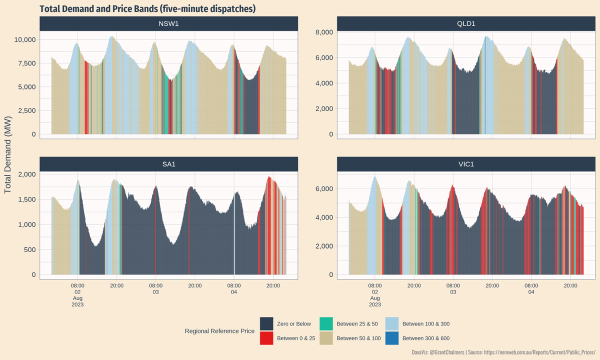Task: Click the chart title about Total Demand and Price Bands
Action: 147,8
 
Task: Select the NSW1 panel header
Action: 168,23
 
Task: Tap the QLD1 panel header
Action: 466,23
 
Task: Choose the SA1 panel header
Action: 168,163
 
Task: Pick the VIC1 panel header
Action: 466,163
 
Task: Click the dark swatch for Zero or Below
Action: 266,324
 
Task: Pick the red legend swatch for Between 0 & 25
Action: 266,338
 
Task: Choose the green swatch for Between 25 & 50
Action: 326,324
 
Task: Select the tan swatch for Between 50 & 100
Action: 326,338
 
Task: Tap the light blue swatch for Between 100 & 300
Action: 392,324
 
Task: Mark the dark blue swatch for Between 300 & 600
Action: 392,338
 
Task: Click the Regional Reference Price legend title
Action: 219,331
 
